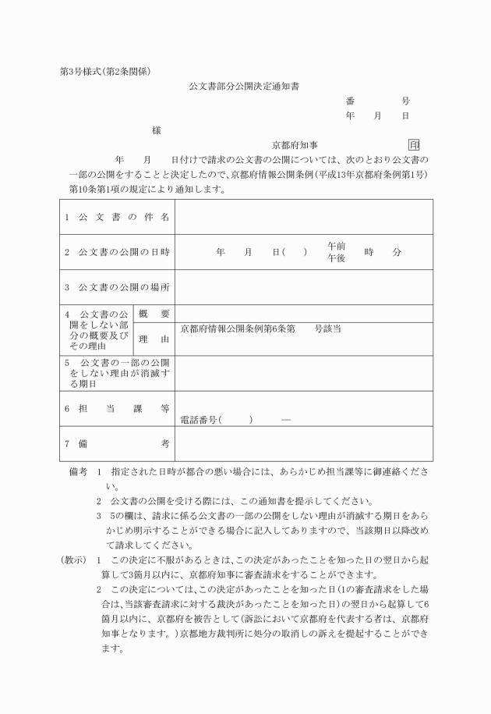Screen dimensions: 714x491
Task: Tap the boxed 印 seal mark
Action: pyautogui.click(x=414, y=144)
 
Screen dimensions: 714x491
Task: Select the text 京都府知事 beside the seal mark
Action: pyautogui.click(x=295, y=145)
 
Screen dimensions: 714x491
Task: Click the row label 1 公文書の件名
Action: pyautogui.click(x=117, y=217)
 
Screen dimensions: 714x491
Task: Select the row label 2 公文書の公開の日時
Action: pyautogui.click(x=117, y=252)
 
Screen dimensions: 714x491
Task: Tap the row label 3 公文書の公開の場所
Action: pyautogui.click(x=117, y=287)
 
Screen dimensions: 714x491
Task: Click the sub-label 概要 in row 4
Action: pyautogui.click(x=154, y=313)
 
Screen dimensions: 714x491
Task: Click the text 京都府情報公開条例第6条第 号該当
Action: pyautogui.click(x=260, y=329)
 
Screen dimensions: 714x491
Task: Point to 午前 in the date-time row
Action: pyautogui.click(x=337, y=246)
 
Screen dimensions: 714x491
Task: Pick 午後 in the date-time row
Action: pyautogui.click(x=337, y=258)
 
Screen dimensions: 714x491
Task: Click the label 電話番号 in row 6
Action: pyautogui.click(x=200, y=420)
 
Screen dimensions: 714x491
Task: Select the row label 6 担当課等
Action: pyautogui.click(x=117, y=408)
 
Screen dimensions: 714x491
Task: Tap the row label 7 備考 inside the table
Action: pyautogui.click(x=117, y=443)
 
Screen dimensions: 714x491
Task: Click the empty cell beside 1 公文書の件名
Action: pyautogui.click(x=304, y=217)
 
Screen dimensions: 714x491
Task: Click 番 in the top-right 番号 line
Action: pyautogui.click(x=350, y=101)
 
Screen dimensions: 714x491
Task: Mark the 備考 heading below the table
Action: pyautogui.click(x=78, y=472)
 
